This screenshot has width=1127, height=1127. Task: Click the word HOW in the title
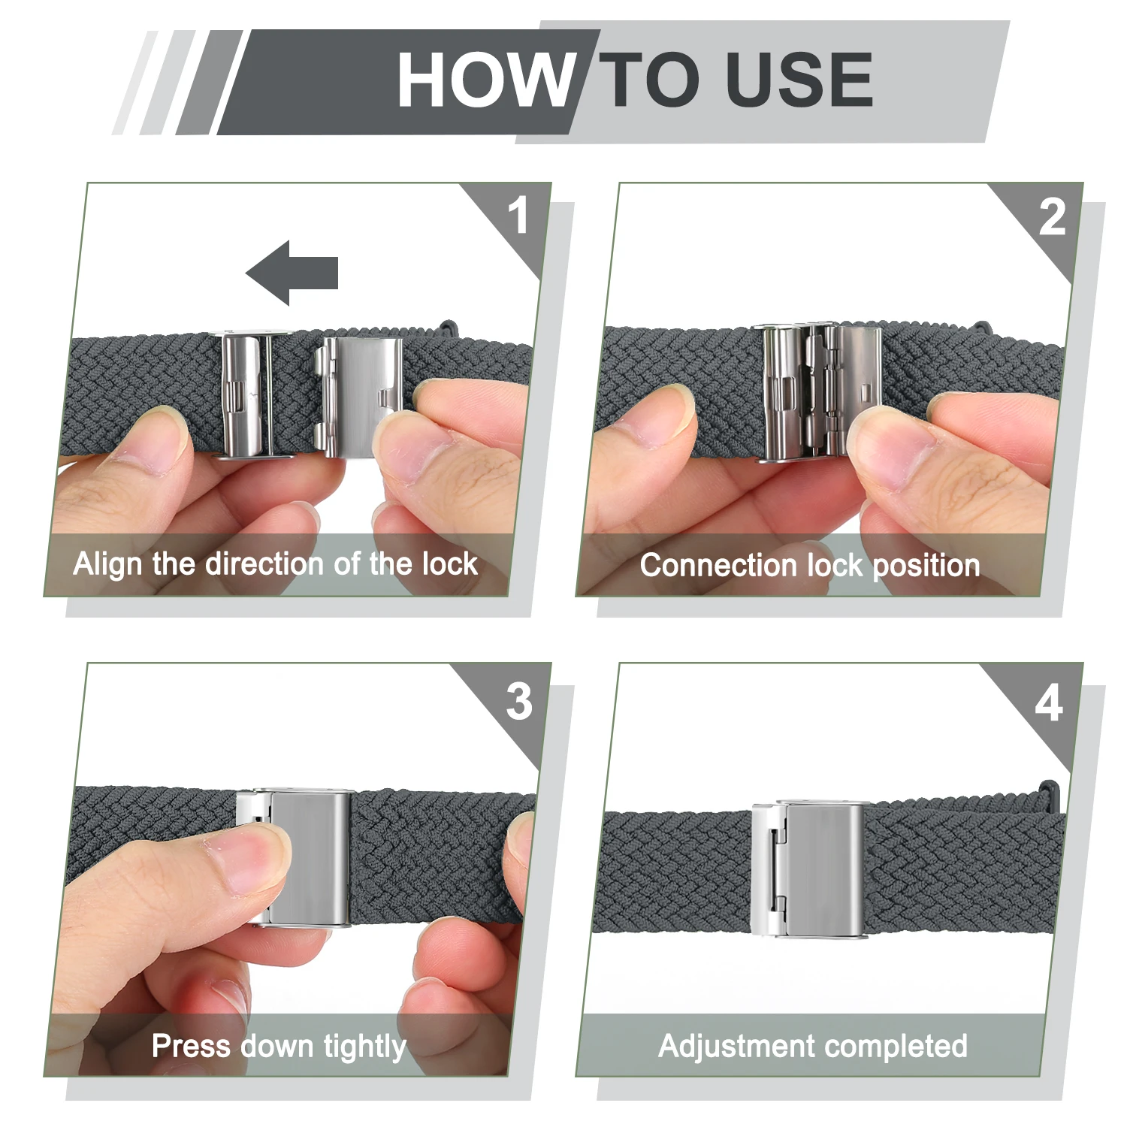pyautogui.click(x=486, y=80)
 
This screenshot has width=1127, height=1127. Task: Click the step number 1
pyautogui.click(x=518, y=216)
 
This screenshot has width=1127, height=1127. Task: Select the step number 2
pyautogui.click(x=1052, y=217)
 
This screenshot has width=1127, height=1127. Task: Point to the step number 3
pyautogui.click(x=519, y=702)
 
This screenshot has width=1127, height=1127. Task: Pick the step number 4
pyautogui.click(x=1050, y=703)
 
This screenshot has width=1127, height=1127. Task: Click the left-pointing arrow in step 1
pyautogui.click(x=292, y=273)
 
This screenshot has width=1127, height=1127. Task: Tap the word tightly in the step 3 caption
pyautogui.click(x=364, y=1047)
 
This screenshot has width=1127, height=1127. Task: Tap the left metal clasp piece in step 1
pyautogui.click(x=253, y=395)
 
